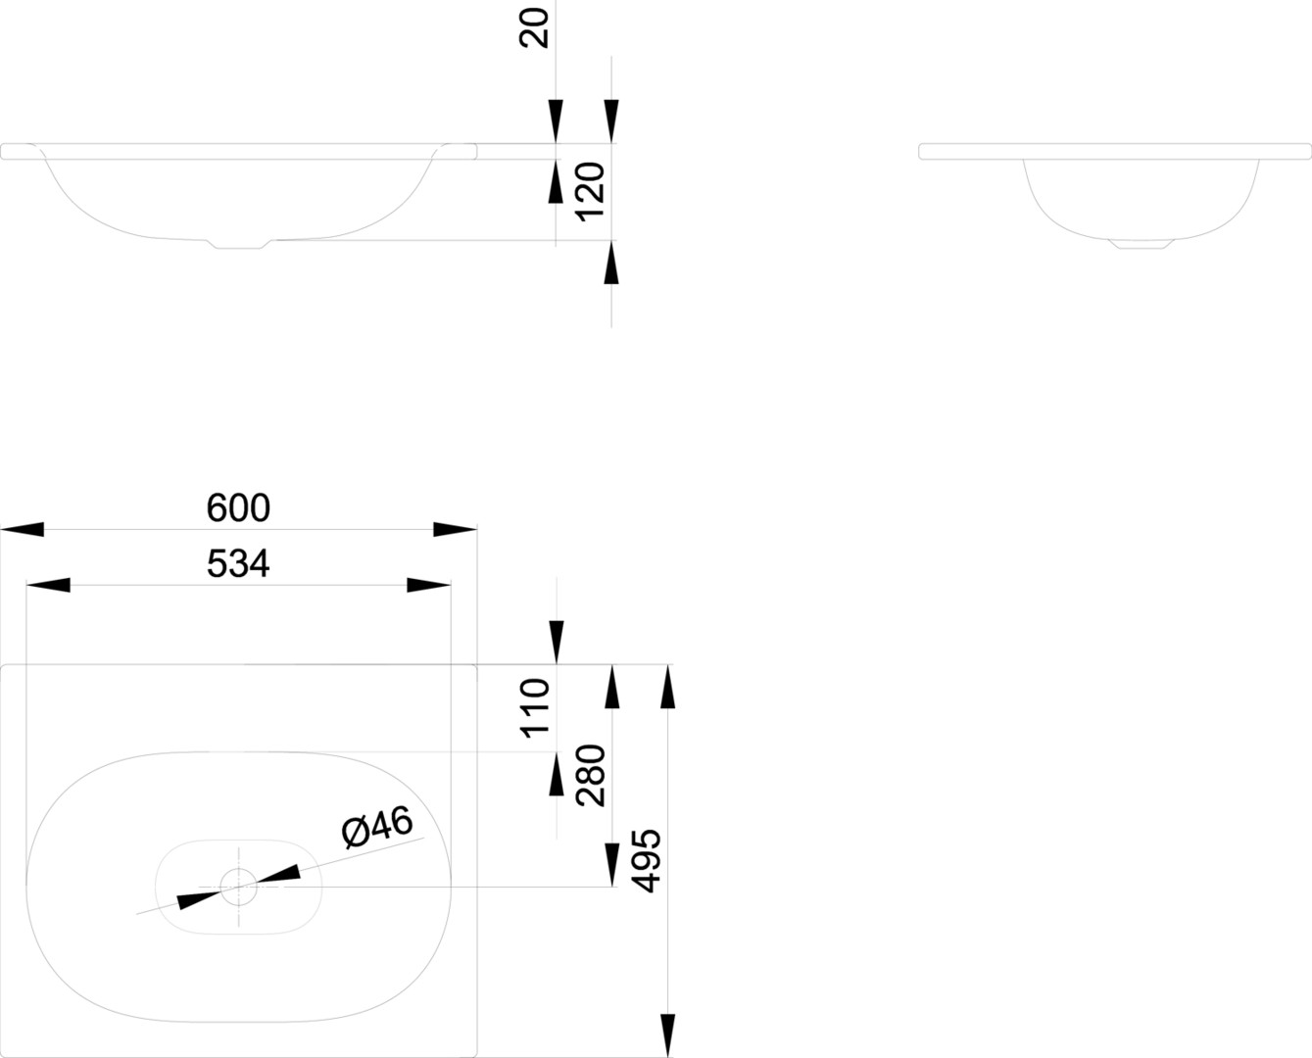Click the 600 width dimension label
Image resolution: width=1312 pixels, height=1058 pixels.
[238, 507]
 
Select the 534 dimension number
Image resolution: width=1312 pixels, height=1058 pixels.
[238, 563]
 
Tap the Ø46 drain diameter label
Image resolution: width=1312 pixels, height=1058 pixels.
[378, 827]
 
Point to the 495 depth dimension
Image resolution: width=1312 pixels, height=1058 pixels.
[646, 860]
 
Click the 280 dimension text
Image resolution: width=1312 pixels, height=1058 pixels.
[590, 775]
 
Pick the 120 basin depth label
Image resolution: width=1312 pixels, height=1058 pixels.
[590, 191]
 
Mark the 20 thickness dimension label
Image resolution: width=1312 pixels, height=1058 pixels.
[534, 28]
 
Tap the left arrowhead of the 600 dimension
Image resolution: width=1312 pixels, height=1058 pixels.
[23, 529]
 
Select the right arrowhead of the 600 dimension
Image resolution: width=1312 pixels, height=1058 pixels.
[455, 529]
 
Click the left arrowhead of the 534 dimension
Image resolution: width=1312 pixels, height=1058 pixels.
[48, 585]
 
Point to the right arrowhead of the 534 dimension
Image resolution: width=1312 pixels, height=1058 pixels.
[428, 585]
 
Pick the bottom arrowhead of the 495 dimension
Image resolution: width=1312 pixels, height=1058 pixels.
[668, 1035]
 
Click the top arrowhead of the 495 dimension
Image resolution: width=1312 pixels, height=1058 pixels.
[668, 687]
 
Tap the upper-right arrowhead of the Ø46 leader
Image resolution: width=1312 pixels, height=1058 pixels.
[278, 874]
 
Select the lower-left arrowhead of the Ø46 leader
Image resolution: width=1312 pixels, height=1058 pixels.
[199, 900]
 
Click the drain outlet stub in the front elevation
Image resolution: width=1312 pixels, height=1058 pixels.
[238, 244]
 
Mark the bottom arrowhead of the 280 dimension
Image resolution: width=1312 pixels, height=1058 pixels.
[612, 865]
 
